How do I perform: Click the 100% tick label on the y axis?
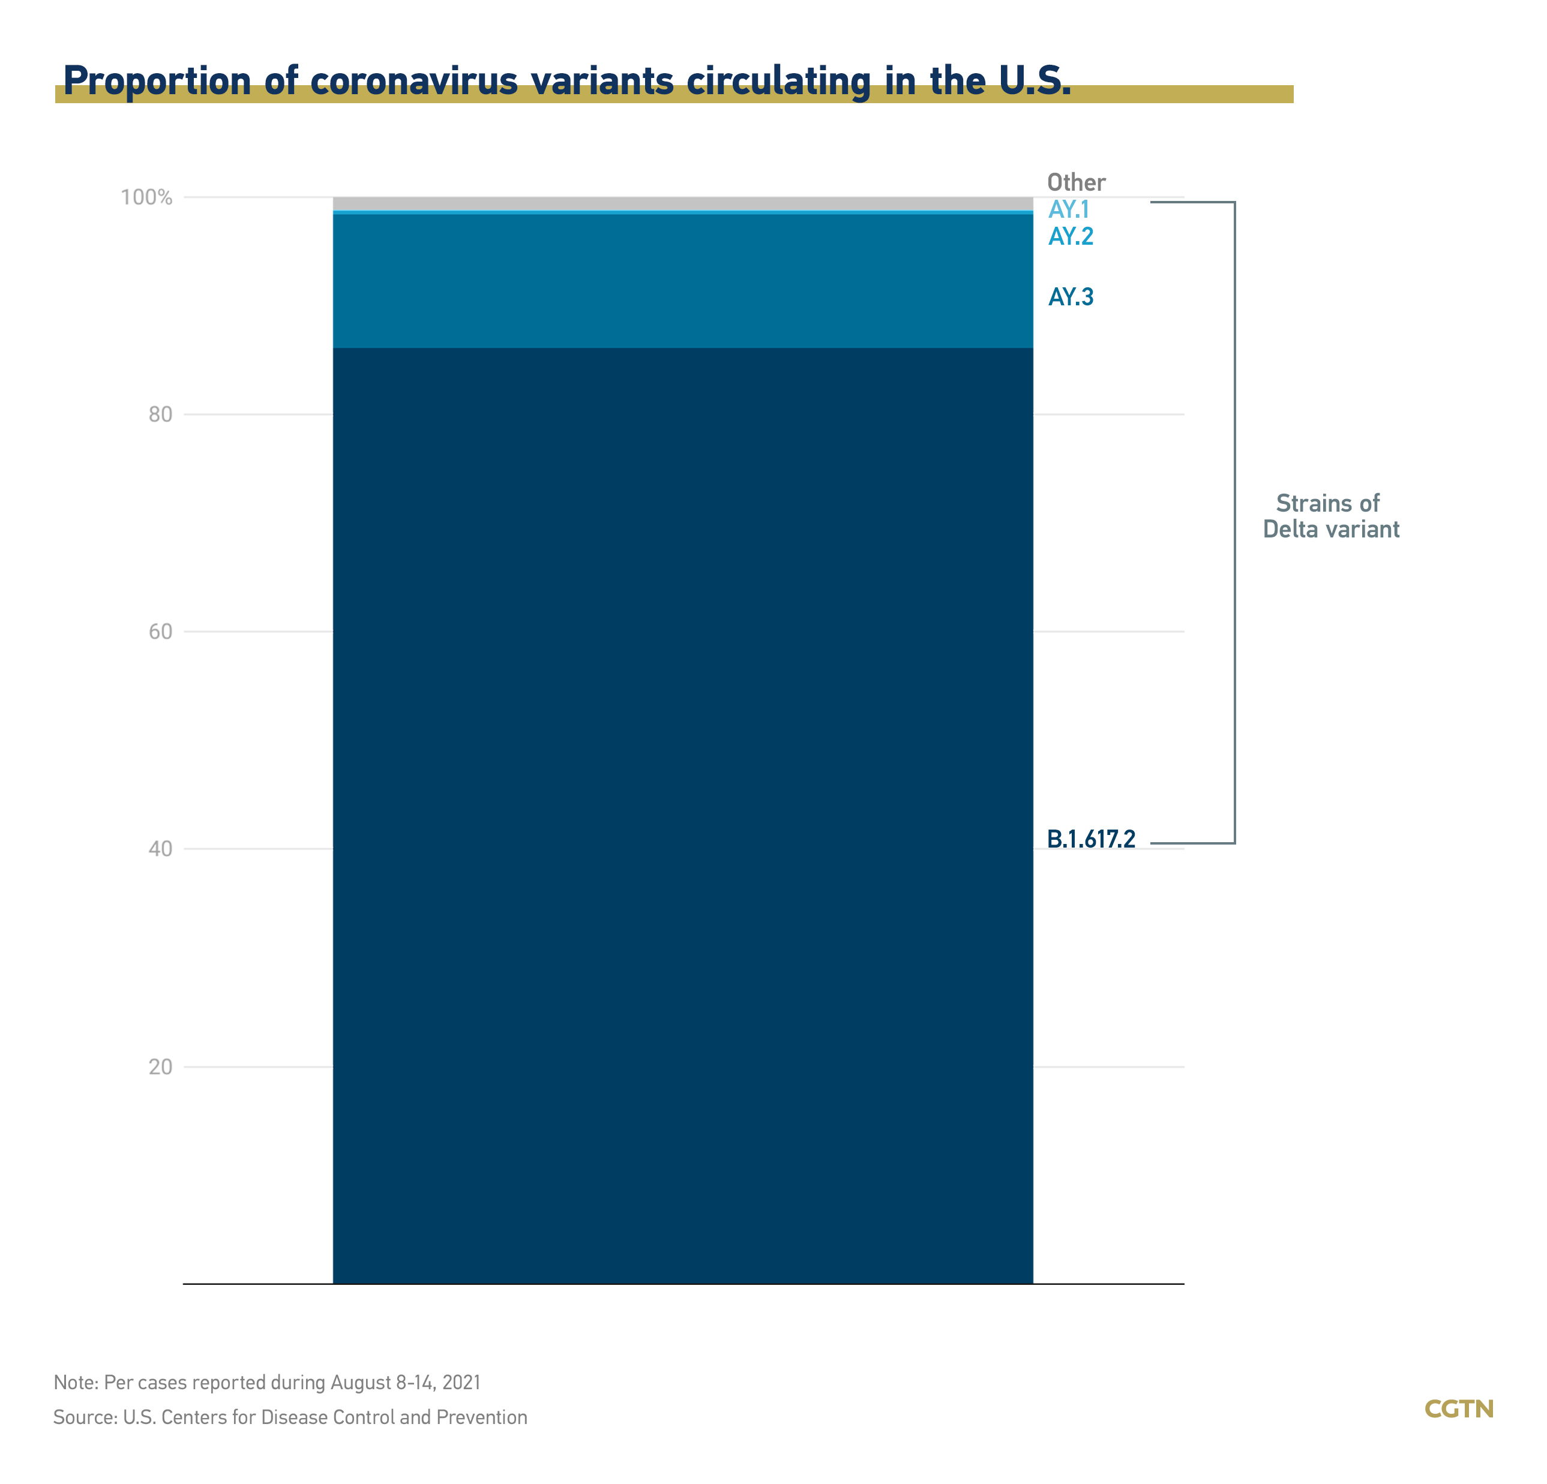(x=146, y=197)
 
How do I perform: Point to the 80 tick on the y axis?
(x=160, y=414)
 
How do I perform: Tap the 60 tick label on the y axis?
(x=160, y=632)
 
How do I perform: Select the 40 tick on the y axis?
(x=160, y=849)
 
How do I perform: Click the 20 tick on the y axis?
(x=160, y=1067)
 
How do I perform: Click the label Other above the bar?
(x=1076, y=183)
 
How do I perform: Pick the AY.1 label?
(x=1069, y=210)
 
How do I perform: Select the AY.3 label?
(x=1071, y=298)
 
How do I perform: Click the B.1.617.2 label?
(x=1091, y=839)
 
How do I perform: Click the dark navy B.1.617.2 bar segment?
(x=683, y=789)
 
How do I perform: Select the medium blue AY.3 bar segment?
(x=683, y=281)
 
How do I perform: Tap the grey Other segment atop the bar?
(x=683, y=203)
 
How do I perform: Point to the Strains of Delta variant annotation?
(x=1331, y=516)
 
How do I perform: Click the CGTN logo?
(x=1459, y=1409)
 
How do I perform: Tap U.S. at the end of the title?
(x=1035, y=81)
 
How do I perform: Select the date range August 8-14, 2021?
(x=406, y=1382)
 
